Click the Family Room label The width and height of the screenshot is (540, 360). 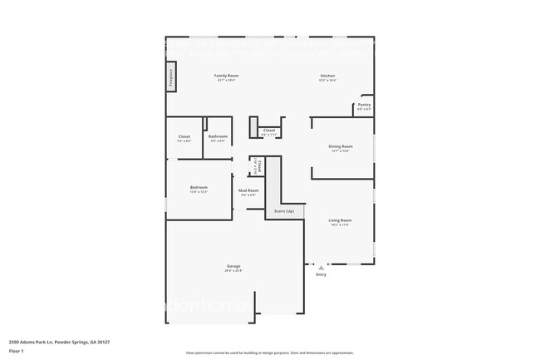[x=227, y=76]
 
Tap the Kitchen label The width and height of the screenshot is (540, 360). [x=327, y=76]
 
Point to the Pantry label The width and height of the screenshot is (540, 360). [x=364, y=105]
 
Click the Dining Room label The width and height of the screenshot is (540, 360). [x=341, y=146]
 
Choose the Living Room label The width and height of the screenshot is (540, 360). [x=340, y=220]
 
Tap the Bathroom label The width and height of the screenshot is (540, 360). [x=218, y=136]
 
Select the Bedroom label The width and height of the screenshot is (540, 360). [x=198, y=188]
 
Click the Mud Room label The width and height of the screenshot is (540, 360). [x=248, y=190]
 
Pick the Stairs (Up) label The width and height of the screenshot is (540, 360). [x=283, y=212]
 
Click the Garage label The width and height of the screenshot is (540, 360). [x=233, y=266]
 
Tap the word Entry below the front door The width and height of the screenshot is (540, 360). [x=321, y=274]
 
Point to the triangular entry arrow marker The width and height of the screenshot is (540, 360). [x=321, y=268]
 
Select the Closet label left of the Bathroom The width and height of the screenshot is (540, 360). [x=184, y=136]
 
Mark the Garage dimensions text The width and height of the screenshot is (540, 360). [x=233, y=271]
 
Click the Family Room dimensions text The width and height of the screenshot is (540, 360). [x=227, y=81]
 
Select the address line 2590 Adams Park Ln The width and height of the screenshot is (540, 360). [x=59, y=342]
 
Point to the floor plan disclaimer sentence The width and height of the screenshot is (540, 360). [x=269, y=354]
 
